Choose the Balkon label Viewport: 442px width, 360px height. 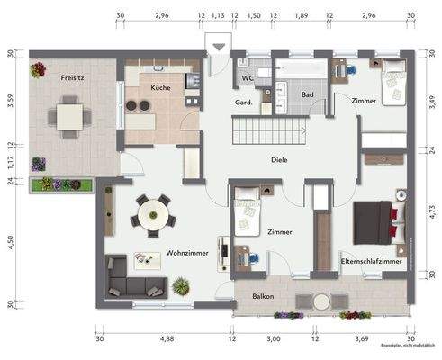coord(263,296)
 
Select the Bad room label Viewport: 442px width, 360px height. coord(307,94)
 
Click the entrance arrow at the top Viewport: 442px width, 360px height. coord(218,48)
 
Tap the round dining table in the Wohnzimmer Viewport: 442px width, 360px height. coord(150,215)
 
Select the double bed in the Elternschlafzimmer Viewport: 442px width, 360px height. coord(374,221)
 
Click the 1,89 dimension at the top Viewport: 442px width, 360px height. coord(302,15)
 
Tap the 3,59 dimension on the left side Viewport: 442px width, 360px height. coord(10,101)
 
